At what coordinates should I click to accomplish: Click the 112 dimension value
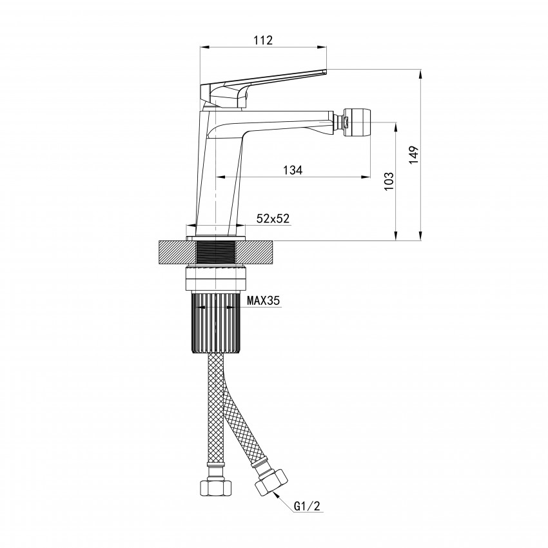tap(263, 40)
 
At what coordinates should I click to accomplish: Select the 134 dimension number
tap(293, 170)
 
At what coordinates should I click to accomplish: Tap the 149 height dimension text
tap(413, 155)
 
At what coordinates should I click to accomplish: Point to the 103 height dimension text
tap(389, 181)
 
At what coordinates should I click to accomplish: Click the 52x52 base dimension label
tap(273, 219)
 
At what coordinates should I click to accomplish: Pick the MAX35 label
tap(264, 300)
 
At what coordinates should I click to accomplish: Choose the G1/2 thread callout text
tap(307, 506)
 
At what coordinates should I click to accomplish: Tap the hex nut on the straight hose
tap(215, 487)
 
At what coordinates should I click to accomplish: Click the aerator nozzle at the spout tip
tap(357, 122)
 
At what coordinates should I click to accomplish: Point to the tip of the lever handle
tap(326, 72)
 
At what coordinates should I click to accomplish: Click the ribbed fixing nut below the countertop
tap(215, 322)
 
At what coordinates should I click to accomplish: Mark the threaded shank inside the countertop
tap(215, 253)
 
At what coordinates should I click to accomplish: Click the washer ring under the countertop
tap(215, 279)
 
